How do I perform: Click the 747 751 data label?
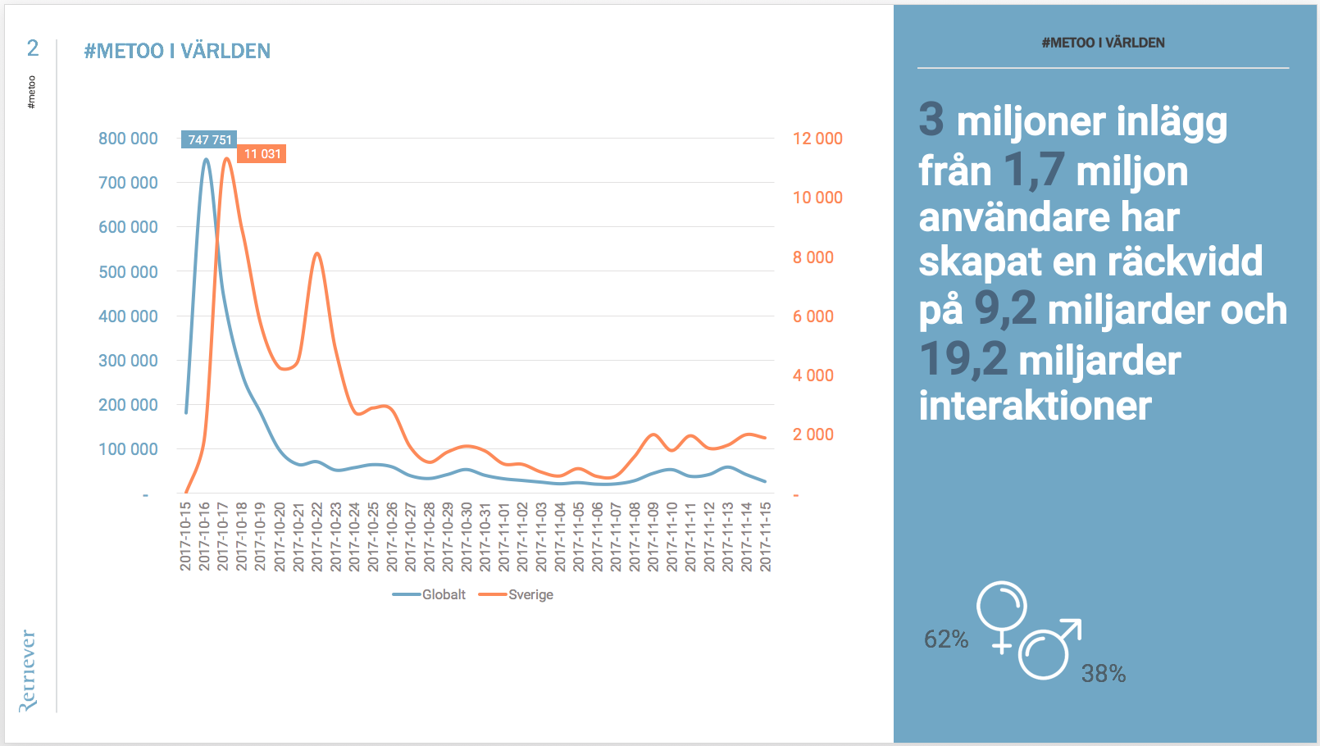pos(209,139)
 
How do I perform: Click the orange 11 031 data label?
pos(262,154)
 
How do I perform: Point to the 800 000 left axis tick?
pos(128,139)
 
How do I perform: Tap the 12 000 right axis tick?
pos(817,139)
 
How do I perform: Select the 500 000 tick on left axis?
pos(128,272)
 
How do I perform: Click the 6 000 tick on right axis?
pos(812,316)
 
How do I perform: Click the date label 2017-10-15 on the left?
pos(186,537)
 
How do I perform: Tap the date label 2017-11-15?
pos(766,537)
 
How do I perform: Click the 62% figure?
pos(946,639)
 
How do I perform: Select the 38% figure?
pos(1103,674)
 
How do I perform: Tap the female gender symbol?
pos(1002,615)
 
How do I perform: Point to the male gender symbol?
pos(1048,651)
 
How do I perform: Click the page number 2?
pos(33,48)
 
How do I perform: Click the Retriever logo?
pos(28,671)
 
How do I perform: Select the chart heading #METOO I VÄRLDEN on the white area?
pos(177,51)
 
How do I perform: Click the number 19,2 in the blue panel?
pos(963,360)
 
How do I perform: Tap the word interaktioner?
pos(1035,406)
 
